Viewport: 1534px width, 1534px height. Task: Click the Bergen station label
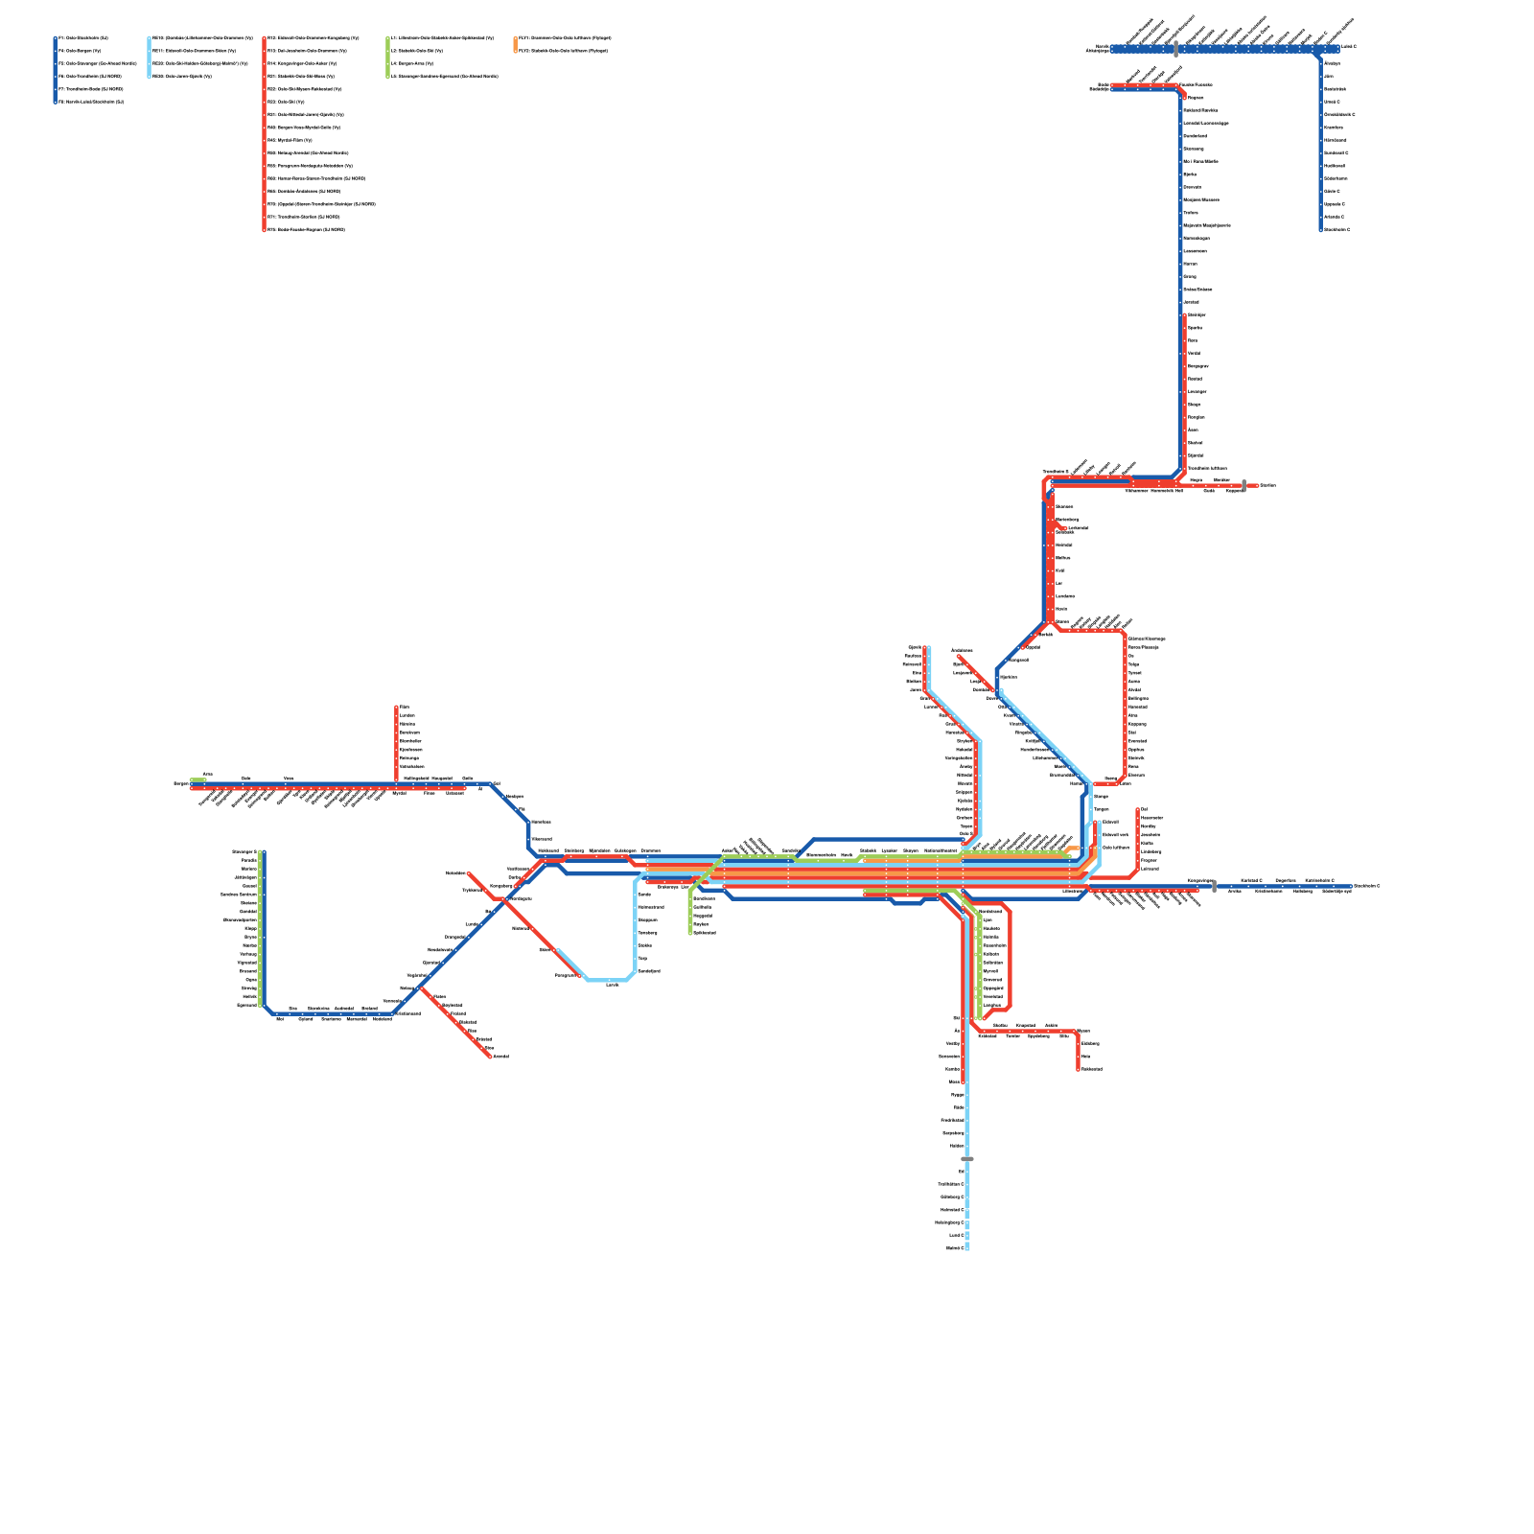(x=180, y=783)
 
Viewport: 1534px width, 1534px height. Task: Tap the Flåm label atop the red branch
(x=404, y=707)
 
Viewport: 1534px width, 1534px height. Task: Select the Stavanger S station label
(x=245, y=851)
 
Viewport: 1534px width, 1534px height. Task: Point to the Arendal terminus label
(x=500, y=1057)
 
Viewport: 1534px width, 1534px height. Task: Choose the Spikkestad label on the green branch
(x=704, y=933)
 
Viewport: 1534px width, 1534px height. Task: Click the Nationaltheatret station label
(x=941, y=850)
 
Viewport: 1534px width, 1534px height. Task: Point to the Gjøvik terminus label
(x=915, y=648)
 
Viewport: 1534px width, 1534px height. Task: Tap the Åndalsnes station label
(x=962, y=650)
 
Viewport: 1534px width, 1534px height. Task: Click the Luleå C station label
(x=1348, y=46)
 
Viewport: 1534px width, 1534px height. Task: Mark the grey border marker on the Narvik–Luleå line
(x=1176, y=49)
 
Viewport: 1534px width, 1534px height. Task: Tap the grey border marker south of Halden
(x=967, y=1159)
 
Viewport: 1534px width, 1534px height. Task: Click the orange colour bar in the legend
(x=516, y=44)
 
